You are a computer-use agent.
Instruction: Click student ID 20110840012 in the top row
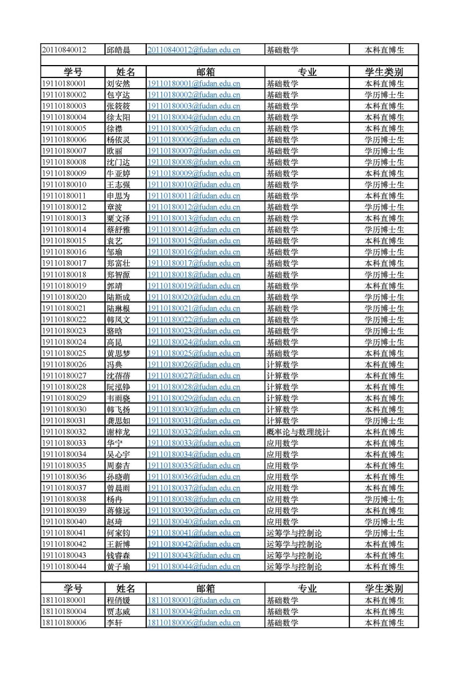tap(64, 50)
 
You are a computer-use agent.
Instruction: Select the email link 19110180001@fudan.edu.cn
tap(194, 84)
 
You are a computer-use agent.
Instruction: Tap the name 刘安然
tap(118, 84)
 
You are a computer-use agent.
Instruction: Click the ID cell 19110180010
tap(64, 185)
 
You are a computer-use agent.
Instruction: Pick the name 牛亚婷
tap(118, 173)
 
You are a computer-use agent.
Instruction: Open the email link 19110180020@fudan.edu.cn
tap(194, 297)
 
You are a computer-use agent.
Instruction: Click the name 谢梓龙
tap(118, 432)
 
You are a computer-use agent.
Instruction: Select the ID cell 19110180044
tap(64, 566)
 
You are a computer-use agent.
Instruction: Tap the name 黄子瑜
tap(118, 566)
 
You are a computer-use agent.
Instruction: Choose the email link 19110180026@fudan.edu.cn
tap(194, 365)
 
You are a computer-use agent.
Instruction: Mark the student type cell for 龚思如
tap(384, 421)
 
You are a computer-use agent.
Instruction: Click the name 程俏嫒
tap(118, 600)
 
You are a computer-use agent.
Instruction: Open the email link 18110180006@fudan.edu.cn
tap(194, 623)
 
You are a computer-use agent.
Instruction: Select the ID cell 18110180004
tap(64, 611)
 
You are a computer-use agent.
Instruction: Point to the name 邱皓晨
tap(118, 50)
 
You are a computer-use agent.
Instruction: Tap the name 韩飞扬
tap(118, 409)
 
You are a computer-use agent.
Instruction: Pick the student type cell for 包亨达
tap(384, 95)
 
